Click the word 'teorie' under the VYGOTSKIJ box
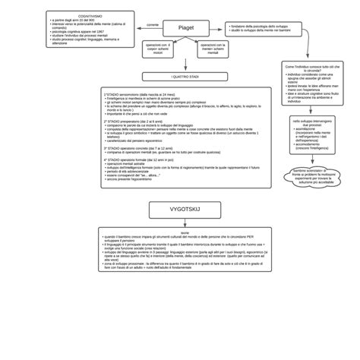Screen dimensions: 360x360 [x=185, y=233]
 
